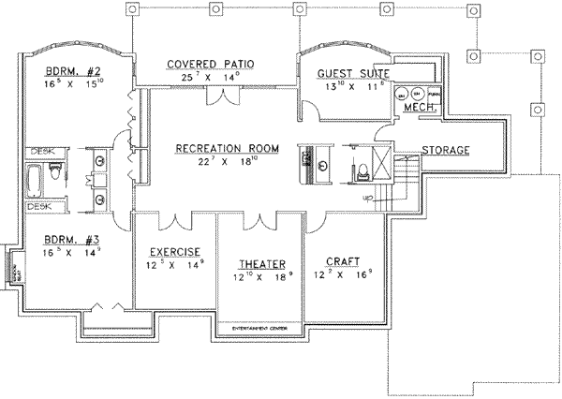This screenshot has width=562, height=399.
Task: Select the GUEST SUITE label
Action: pos(353,73)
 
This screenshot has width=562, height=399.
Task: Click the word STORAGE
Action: pos(445,151)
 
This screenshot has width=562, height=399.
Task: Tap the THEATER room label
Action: pos(261,264)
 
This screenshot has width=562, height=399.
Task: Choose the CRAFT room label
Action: pos(344,261)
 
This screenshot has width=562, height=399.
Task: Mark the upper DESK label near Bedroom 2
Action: pos(40,152)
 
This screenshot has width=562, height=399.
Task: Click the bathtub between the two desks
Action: pos(37,179)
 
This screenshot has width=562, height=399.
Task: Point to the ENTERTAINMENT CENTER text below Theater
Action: pos(261,329)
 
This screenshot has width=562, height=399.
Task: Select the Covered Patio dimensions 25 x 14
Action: pos(212,79)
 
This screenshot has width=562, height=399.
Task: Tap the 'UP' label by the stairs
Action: pos(368,199)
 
